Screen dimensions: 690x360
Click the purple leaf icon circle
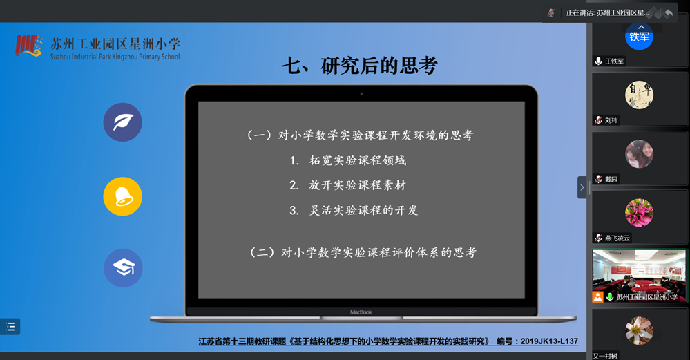point(123,122)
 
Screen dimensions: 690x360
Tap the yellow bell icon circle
point(123,196)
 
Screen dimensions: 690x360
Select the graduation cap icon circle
point(123,268)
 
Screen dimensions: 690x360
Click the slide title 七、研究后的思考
point(360,66)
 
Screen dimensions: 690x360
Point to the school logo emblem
point(29,46)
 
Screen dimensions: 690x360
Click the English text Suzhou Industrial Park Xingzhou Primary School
point(115,57)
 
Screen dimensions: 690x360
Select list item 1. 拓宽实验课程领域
point(347,160)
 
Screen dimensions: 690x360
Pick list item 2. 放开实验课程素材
point(347,185)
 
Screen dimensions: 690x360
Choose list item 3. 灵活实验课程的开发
point(354,210)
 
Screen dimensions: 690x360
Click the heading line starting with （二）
point(363,252)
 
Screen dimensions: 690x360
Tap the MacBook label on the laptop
point(361,312)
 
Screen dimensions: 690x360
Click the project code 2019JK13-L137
point(549,341)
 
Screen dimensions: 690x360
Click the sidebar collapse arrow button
point(582,187)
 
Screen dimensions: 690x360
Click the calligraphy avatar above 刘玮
point(640,95)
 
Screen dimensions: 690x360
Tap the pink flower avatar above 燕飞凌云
point(640,213)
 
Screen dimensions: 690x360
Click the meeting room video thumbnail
point(639,276)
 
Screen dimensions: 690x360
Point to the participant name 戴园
point(611,179)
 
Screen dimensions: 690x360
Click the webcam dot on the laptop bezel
point(362,94)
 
